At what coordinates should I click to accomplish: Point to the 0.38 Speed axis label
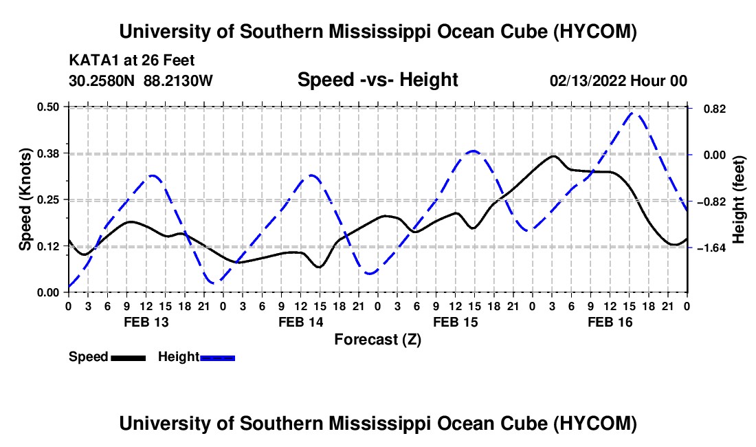click(x=48, y=153)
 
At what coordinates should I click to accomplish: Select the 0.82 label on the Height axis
click(x=715, y=109)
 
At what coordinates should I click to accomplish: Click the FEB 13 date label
click(x=146, y=322)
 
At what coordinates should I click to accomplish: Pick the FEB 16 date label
click(x=610, y=322)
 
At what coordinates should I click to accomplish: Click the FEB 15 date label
click(x=455, y=322)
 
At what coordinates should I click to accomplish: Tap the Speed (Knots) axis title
click(x=25, y=199)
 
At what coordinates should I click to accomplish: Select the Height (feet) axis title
click(x=738, y=199)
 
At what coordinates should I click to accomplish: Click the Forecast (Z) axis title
click(x=377, y=340)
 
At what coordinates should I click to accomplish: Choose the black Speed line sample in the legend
click(x=128, y=358)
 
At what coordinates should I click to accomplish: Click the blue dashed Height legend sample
click(x=217, y=358)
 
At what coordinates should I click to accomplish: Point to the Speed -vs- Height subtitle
click(x=377, y=80)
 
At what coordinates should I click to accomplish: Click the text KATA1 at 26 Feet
click(x=132, y=61)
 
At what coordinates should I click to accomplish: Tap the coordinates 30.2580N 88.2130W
click(x=140, y=80)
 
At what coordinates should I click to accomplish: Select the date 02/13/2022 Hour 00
click(x=618, y=80)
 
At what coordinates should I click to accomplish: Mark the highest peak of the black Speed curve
click(x=553, y=156)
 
